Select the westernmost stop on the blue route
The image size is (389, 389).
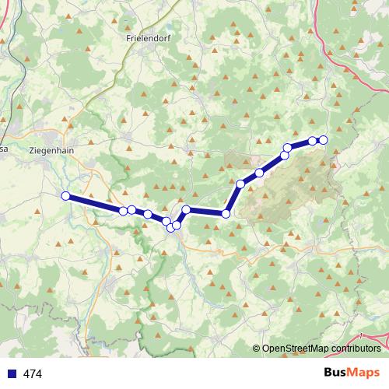coord(66,196)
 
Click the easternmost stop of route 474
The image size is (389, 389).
coord(324,140)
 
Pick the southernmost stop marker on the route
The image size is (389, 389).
coord(171,227)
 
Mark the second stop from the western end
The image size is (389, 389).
coord(123,211)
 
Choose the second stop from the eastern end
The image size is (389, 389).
coord(313,141)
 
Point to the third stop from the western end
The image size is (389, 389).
coord(133,209)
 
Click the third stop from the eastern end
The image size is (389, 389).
coord(288,148)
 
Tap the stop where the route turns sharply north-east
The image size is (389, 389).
coord(226,214)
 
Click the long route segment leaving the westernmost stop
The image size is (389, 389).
coord(93,203)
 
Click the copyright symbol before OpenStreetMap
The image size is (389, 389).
coord(257,349)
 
